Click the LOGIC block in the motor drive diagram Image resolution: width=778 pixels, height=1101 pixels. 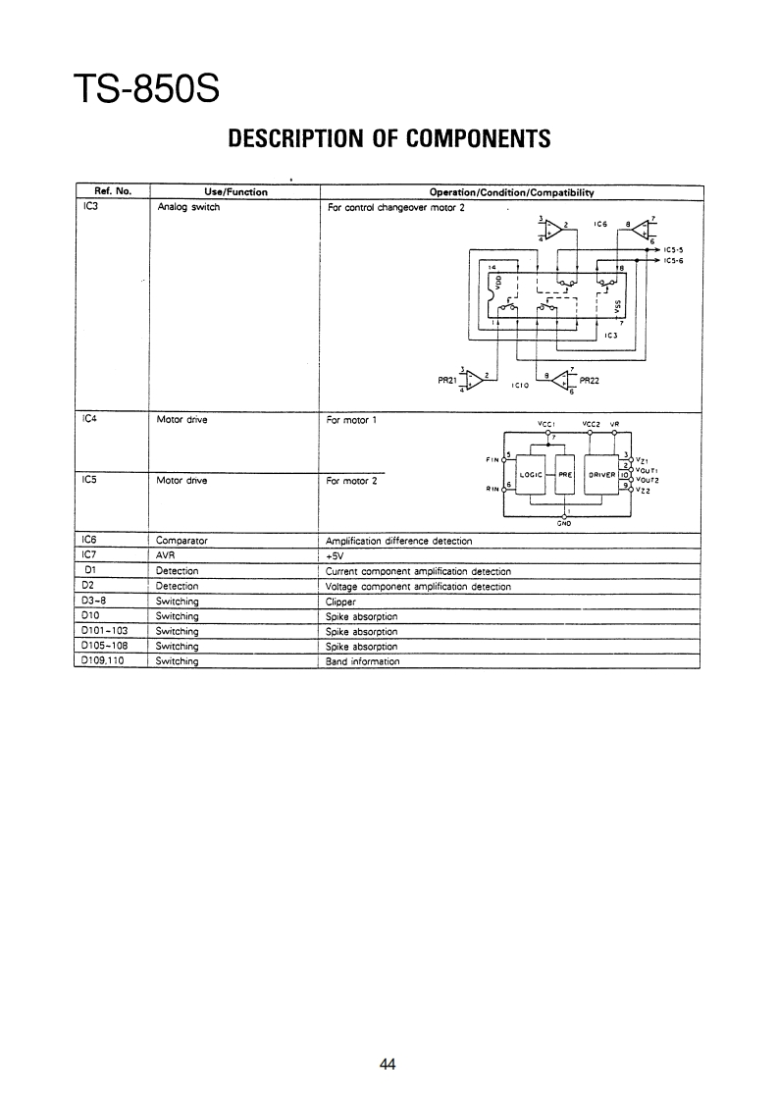(531, 474)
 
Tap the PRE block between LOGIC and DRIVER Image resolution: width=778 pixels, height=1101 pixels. (563, 474)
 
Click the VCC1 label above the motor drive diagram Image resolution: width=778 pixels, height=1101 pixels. (546, 424)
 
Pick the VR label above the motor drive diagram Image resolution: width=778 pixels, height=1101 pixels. (615, 424)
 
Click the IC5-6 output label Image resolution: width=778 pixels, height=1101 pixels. (672, 260)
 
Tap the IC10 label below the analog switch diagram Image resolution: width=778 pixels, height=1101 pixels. (520, 387)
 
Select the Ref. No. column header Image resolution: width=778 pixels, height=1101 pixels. (112, 192)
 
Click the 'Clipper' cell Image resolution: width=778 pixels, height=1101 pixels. (339, 601)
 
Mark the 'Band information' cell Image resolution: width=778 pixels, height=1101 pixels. (362, 661)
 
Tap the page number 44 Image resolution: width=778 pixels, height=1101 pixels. (389, 1064)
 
